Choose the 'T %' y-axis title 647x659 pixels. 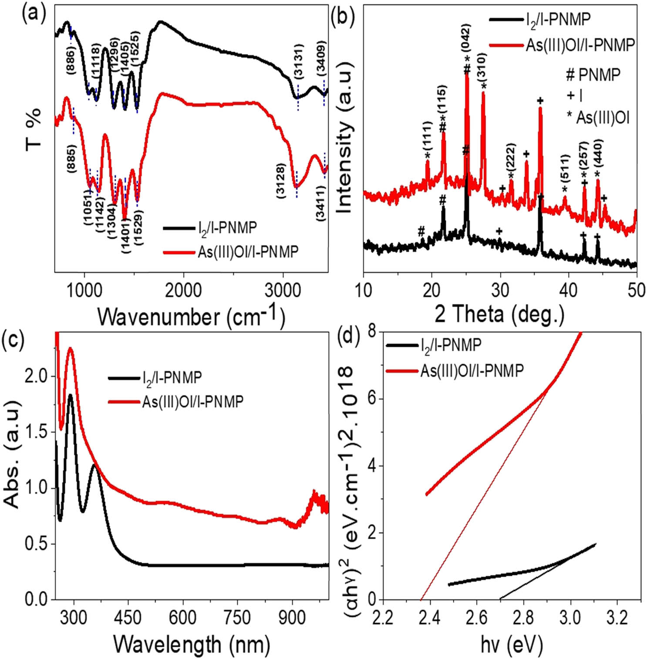tap(34, 128)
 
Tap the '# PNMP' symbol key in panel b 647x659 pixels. tap(593, 75)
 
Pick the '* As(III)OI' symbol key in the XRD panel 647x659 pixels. tap(598, 118)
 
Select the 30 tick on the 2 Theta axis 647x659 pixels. tap(500, 290)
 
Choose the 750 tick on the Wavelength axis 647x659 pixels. tap(238, 617)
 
